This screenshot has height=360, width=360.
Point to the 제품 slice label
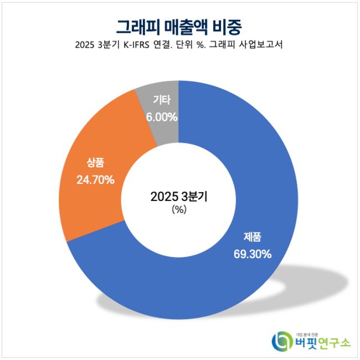252,237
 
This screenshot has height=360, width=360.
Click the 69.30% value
252,254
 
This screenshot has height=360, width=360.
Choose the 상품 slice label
95,163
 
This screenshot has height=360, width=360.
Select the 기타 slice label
162,101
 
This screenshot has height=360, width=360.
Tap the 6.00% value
162,117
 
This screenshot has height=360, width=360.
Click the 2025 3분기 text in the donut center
179,197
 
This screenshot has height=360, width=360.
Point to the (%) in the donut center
179,210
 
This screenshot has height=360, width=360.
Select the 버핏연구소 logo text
322,342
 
